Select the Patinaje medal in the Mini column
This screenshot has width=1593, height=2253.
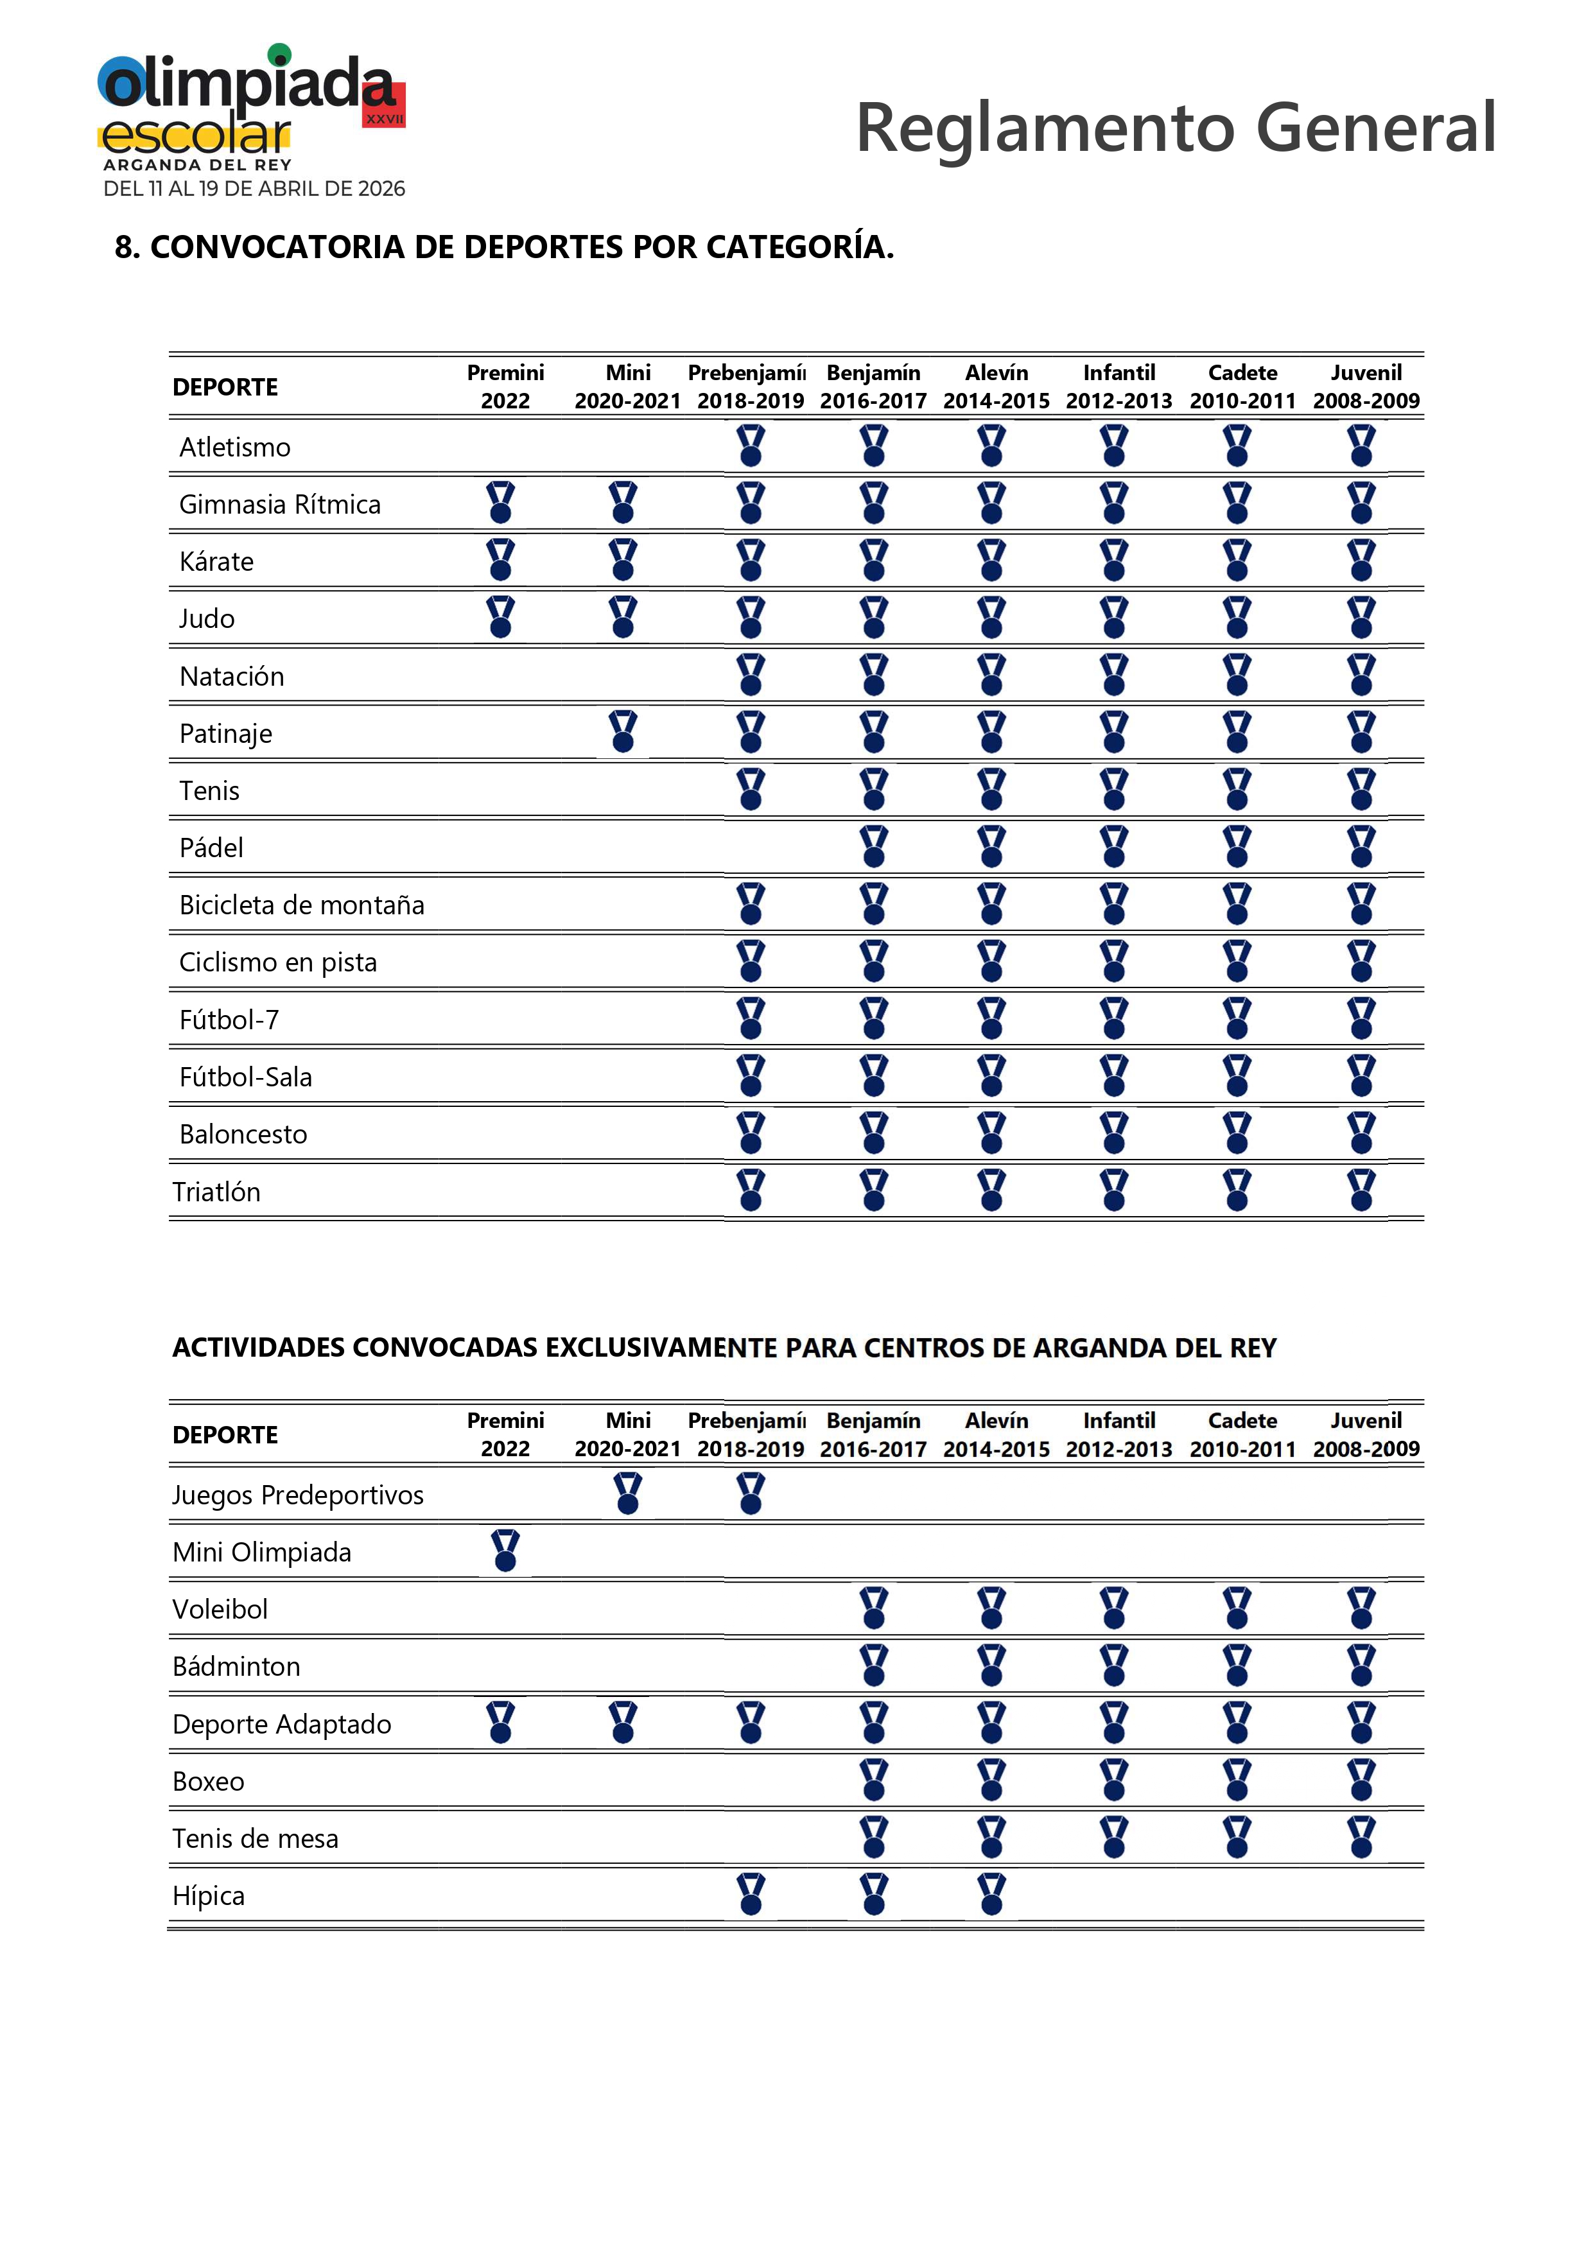(623, 732)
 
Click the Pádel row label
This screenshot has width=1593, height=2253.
(211, 848)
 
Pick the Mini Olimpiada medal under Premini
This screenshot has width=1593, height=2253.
(505, 1551)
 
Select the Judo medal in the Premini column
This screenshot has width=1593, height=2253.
(501, 617)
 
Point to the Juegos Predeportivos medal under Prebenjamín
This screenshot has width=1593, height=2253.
(751, 1493)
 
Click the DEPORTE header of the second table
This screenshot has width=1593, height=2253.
(225, 1434)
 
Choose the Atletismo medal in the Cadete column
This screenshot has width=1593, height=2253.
(1238, 446)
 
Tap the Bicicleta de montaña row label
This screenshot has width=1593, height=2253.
(301, 905)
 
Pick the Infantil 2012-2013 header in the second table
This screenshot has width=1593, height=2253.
(1119, 1434)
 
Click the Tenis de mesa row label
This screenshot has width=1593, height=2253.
(255, 1838)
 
